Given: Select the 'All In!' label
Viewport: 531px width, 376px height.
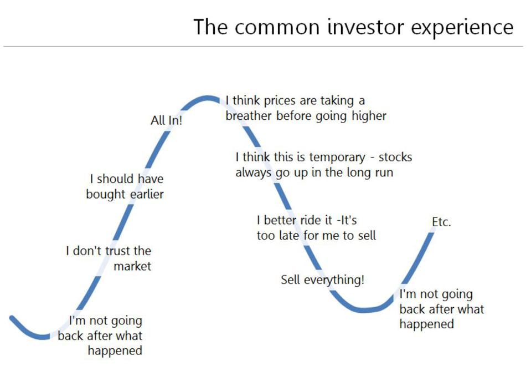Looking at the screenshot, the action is [x=166, y=120].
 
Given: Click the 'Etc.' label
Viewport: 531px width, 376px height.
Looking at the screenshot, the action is [x=441, y=222].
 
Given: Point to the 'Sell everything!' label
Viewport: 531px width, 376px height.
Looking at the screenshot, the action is [x=322, y=280].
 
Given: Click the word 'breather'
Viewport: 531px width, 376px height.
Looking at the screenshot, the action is [x=249, y=115].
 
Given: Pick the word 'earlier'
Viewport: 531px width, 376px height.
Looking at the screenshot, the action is [x=147, y=194].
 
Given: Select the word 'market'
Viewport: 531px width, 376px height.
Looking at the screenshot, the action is [x=132, y=266].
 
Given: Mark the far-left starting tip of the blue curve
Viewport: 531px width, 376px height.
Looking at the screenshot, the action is [x=12, y=318].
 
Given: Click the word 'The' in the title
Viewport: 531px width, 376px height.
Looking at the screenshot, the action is [x=210, y=27].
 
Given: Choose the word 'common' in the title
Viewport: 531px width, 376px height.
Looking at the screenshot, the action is [x=277, y=27].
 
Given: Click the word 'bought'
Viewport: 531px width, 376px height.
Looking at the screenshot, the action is [x=106, y=195].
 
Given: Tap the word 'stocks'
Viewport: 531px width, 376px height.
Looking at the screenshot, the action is [x=395, y=157].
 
